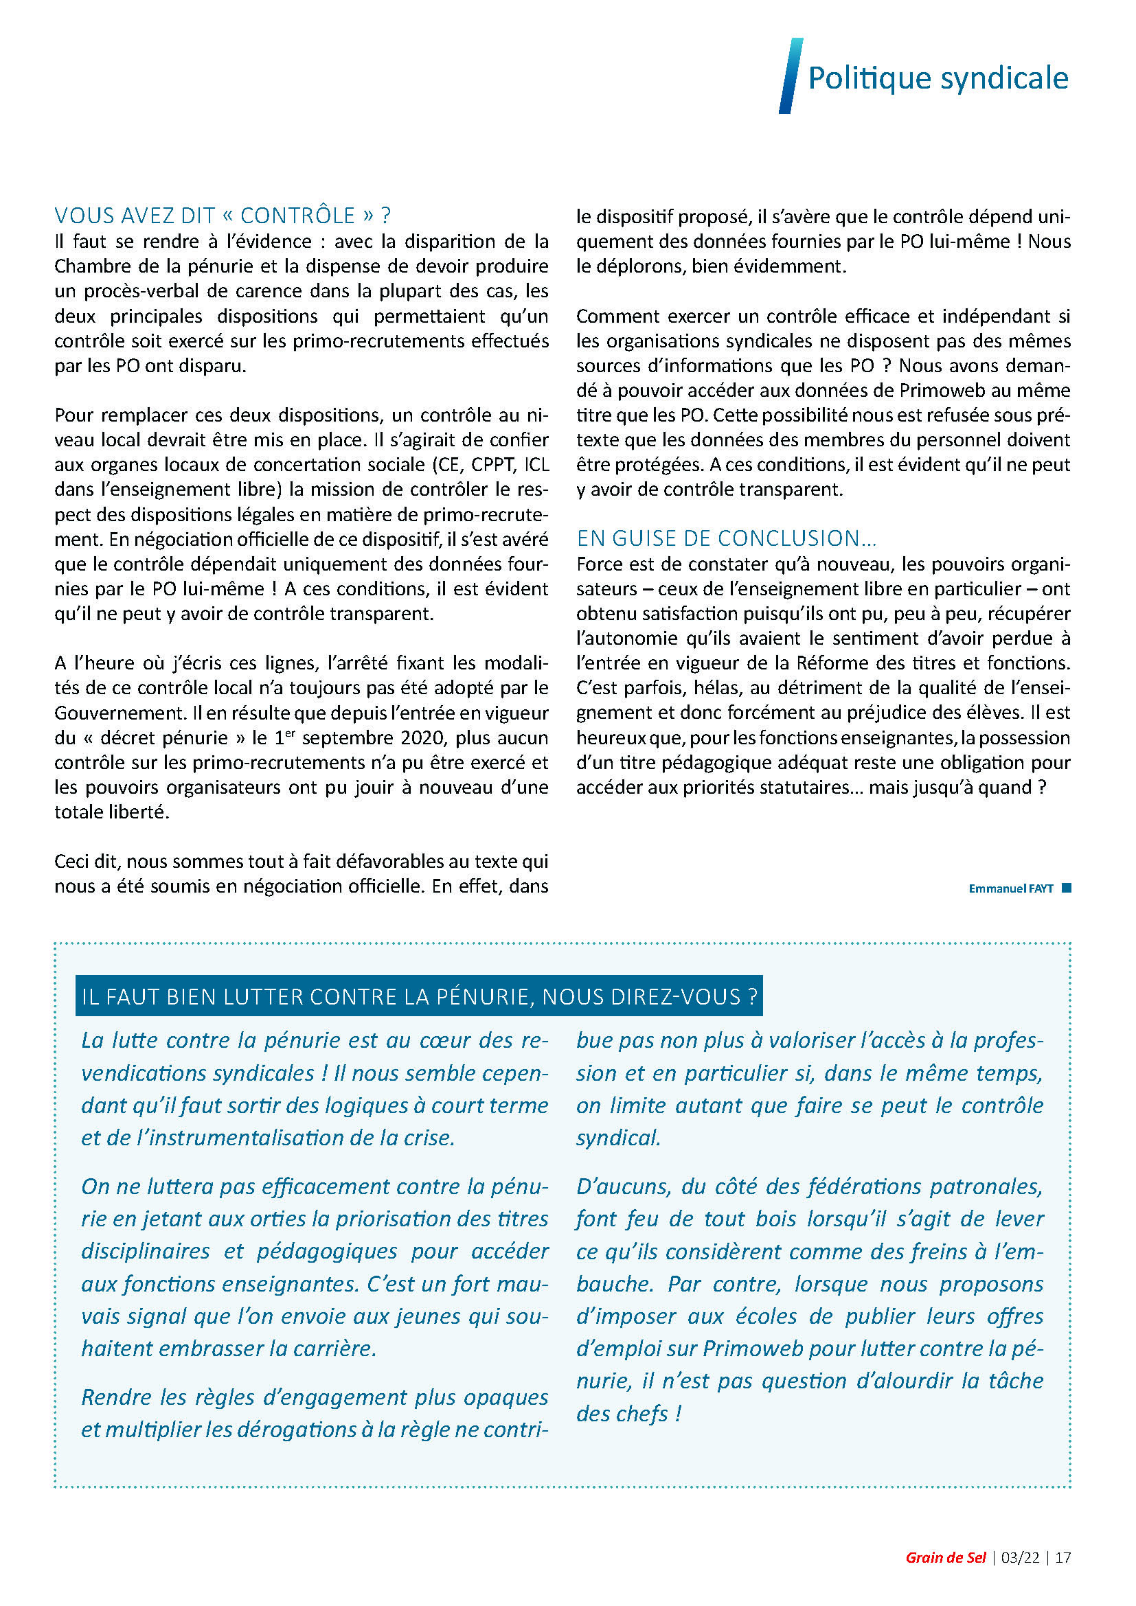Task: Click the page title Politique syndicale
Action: point(938,78)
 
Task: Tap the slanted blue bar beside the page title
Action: point(791,76)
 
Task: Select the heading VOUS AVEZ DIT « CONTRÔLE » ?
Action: point(223,215)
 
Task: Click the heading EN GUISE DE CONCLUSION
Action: point(726,538)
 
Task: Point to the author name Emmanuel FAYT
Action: point(1010,888)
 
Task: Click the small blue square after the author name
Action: point(1067,888)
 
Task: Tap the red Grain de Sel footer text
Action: point(945,1558)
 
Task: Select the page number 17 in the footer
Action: point(1063,1558)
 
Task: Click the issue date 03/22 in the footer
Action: point(1020,1558)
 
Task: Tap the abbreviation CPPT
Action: point(492,464)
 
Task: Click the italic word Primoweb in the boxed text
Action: point(753,1349)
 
